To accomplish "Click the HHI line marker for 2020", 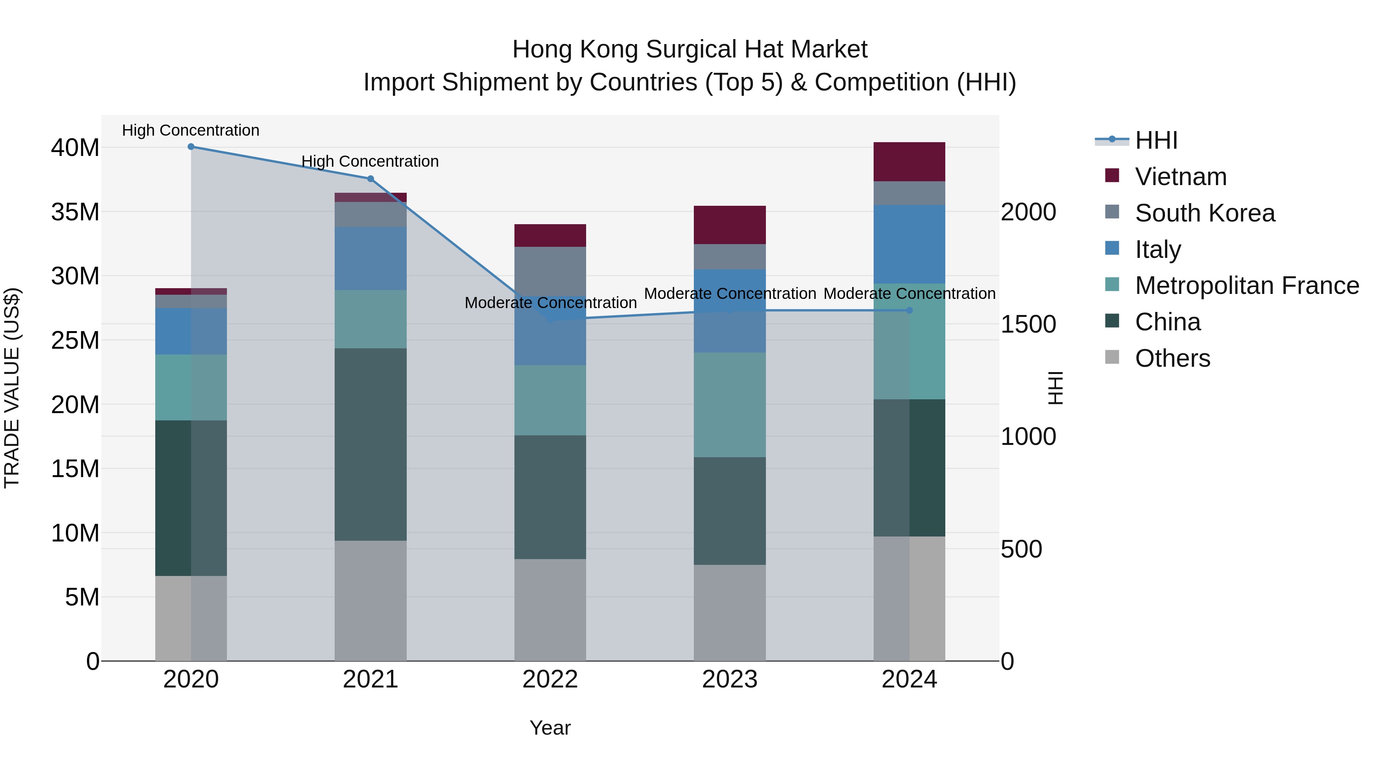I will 191,147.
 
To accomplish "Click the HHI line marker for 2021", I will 370,179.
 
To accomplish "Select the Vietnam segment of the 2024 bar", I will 909,162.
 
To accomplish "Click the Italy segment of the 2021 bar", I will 370,258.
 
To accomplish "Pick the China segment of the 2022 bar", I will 550,497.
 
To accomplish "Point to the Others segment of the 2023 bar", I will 729,613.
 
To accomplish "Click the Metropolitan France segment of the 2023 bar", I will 729,405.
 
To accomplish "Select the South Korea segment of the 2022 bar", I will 550,271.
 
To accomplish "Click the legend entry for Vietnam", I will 1180,177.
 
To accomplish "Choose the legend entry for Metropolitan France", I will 1247,286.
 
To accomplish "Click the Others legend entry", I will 1172,359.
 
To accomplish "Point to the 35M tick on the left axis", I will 75,212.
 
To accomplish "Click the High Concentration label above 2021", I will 370,161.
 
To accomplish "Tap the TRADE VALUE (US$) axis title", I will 12,388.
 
